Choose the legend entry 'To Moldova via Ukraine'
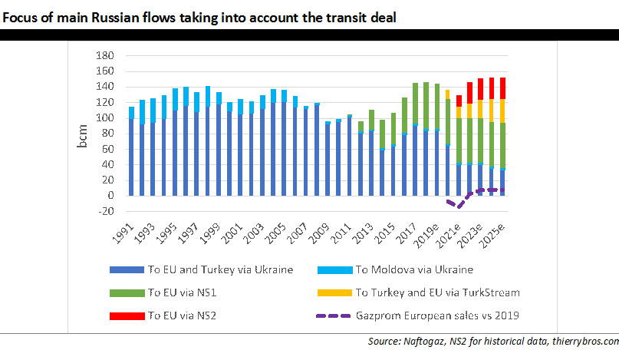[x=414, y=269]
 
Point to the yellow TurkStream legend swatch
[x=335, y=292]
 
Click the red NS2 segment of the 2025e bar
[x=502, y=88]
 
